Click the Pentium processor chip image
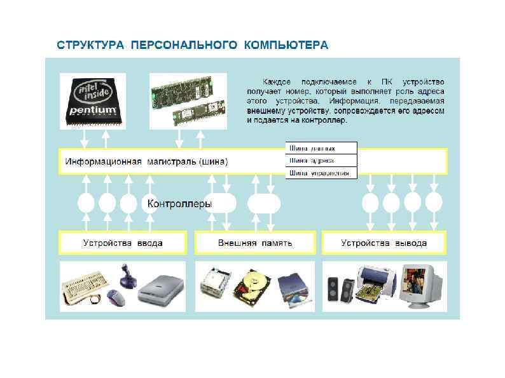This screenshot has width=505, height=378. pos(93,100)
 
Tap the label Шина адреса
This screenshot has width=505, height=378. pos(312,161)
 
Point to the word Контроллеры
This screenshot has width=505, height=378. pos(179,204)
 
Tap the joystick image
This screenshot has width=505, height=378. pos(125,276)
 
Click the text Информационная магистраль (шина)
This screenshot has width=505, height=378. pos(146,161)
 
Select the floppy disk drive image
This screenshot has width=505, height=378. pos(216,284)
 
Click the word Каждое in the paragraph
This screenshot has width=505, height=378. pos(280,83)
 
